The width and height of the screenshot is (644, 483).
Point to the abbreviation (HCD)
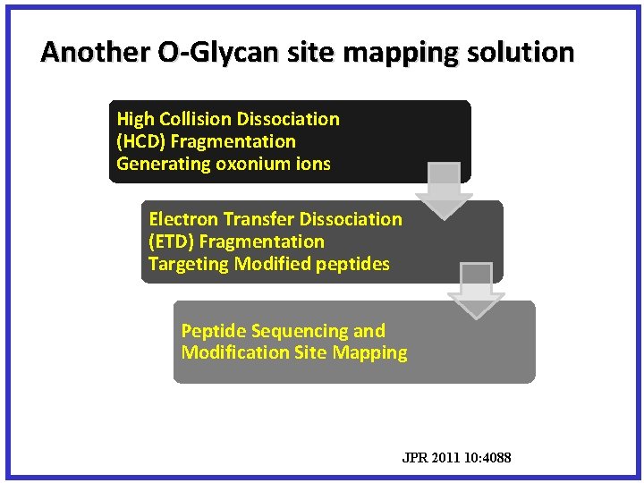140,141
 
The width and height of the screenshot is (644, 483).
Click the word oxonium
250,164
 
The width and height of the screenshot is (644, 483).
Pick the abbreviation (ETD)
172,241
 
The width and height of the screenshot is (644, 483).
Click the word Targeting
189,264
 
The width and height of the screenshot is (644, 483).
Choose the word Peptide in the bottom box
211,331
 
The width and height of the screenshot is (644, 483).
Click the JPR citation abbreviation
415,459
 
